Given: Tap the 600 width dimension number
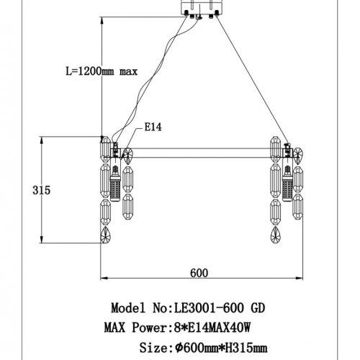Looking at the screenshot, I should (x=199, y=272).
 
